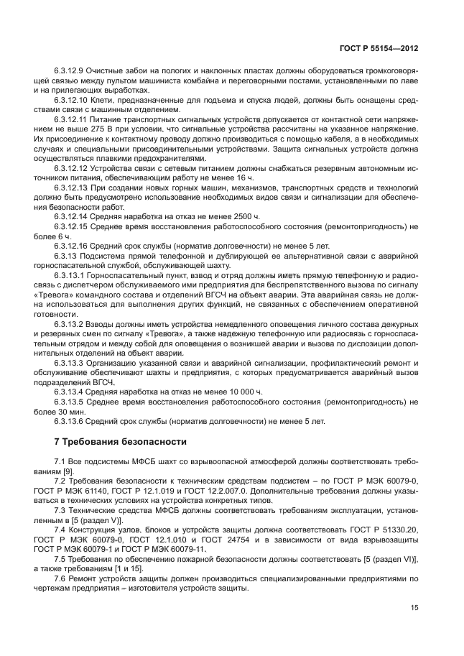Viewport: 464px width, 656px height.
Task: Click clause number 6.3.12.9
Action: click(70, 70)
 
